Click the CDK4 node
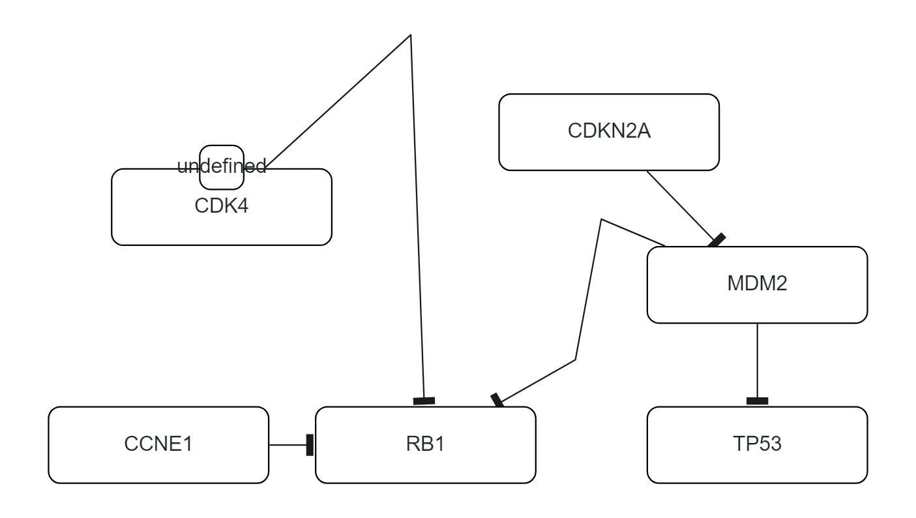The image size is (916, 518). [x=222, y=215]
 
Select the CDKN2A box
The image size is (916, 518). [x=609, y=132]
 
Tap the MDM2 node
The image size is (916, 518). [x=757, y=284]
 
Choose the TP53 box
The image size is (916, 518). [x=757, y=445]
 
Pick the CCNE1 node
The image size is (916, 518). [x=158, y=445]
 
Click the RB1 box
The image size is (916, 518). [x=425, y=445]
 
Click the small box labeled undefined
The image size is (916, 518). [x=222, y=167]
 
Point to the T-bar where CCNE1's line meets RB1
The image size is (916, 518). [x=310, y=445]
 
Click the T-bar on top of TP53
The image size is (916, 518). [x=757, y=401]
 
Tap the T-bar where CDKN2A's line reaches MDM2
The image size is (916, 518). [x=717, y=241]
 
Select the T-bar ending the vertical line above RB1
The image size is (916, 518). [x=424, y=401]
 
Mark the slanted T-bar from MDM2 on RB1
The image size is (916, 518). [x=498, y=400]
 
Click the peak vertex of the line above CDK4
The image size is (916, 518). [x=410, y=35]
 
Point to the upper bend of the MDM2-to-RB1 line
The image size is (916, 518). [x=602, y=220]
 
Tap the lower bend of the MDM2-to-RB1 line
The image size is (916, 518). [x=575, y=359]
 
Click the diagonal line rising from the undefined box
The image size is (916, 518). [x=339, y=98]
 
